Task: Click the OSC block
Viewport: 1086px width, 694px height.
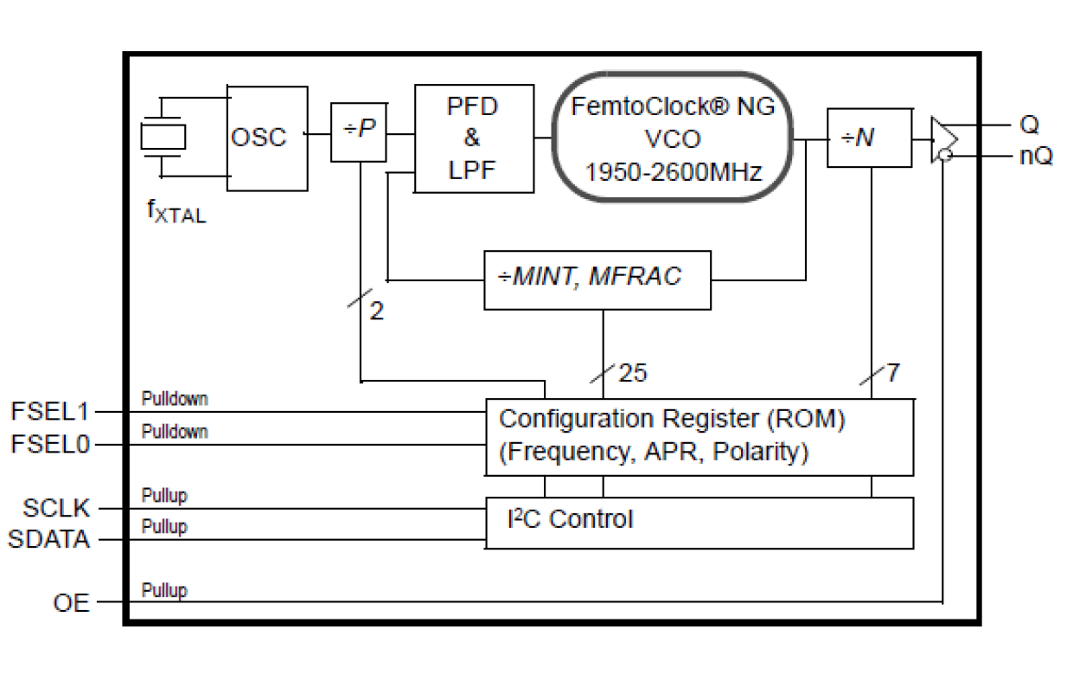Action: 267,138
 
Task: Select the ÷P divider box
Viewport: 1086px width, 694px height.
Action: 359,132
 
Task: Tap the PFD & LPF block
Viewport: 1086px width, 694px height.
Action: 473,138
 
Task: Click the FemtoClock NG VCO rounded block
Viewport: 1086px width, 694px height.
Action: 674,138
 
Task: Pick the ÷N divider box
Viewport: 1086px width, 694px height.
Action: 868,138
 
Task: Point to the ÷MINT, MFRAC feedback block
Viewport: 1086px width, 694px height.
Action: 597,280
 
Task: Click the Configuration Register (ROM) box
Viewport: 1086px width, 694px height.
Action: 699,437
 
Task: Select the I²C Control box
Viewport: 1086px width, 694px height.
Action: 699,523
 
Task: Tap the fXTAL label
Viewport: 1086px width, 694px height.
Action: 176,212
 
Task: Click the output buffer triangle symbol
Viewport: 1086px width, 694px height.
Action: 944,138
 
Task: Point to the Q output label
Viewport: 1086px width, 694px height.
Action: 1029,125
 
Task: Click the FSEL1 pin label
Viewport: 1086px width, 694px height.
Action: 50,411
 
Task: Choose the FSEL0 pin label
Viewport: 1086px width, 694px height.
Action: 50,445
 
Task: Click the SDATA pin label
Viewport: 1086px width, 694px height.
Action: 49,540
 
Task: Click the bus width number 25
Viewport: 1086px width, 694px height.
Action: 632,374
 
